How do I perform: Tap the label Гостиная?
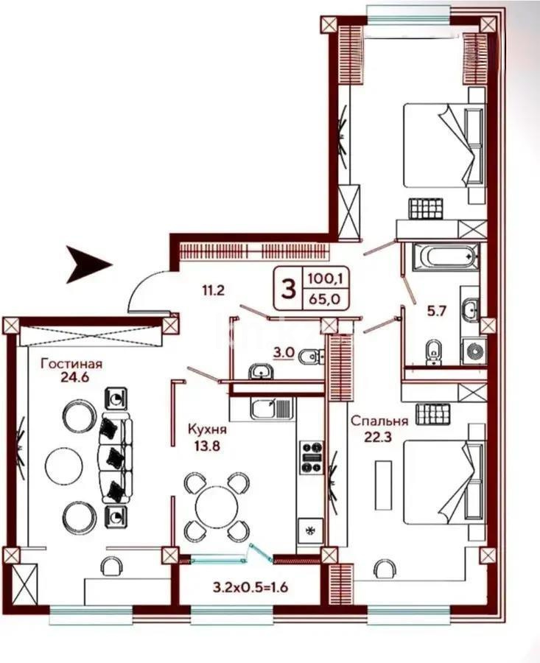71,363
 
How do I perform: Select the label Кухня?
207,429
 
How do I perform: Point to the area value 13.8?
207,445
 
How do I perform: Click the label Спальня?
379,421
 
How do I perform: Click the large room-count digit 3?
286,288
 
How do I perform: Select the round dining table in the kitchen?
216,507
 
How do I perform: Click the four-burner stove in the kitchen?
310,457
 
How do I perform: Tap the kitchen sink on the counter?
271,407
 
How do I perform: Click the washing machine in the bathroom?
471,351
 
